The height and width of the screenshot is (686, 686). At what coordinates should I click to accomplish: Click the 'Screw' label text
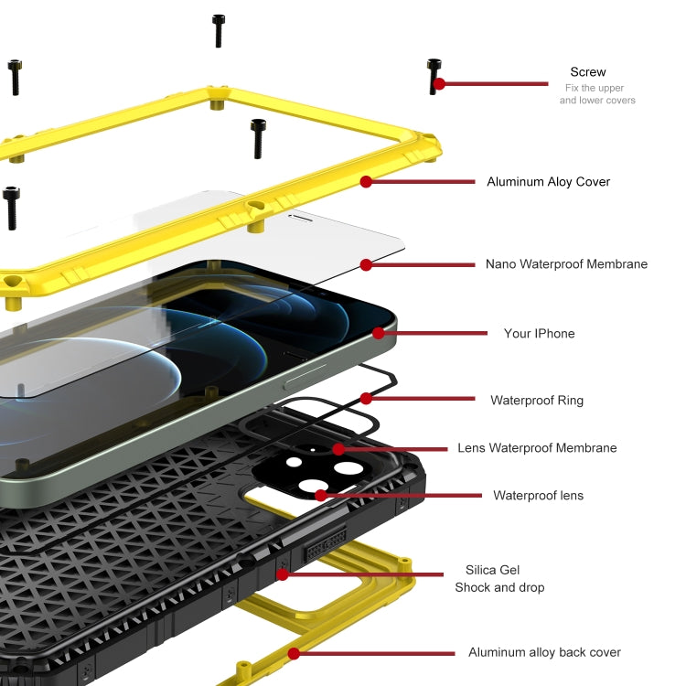pos(587,72)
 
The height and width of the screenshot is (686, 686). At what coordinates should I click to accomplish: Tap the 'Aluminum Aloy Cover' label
pos(548,182)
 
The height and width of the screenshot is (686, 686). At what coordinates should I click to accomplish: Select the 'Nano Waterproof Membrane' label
pos(566,264)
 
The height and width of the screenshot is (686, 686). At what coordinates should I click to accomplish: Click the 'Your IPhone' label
pos(540,334)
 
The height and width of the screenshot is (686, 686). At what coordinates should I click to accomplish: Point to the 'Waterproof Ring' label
pos(536,400)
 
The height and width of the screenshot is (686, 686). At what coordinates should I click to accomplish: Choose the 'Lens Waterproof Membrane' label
pos(537,448)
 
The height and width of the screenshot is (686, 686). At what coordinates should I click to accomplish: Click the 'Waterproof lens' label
pos(538,496)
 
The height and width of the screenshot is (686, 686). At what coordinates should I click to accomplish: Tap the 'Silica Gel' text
pos(492,570)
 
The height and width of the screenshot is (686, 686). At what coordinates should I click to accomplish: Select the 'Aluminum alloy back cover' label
pos(544,652)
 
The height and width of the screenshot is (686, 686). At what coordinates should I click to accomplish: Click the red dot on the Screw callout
pos(439,84)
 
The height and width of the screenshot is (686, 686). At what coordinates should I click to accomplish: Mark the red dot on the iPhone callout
pos(379,333)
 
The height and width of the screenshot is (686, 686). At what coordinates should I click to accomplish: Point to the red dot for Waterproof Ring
pos(366,399)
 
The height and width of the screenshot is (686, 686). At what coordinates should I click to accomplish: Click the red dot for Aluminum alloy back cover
pos(294,653)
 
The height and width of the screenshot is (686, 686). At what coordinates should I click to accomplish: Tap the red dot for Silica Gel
pos(283,575)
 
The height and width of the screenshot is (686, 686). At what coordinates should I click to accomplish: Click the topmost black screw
pos(219,30)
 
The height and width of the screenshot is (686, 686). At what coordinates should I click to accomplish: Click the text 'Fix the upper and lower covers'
pos(597,94)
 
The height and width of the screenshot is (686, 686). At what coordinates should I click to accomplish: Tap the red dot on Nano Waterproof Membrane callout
pos(366,264)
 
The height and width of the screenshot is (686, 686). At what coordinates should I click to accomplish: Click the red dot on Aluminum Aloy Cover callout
pos(366,182)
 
